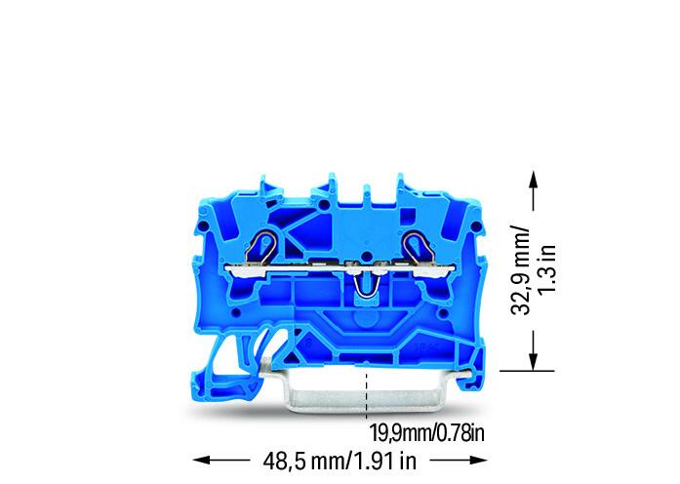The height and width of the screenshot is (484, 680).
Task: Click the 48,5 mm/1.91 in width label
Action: [340, 462]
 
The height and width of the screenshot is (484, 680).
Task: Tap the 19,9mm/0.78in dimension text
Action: [426, 433]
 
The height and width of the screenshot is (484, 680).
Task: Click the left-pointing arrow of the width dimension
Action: [221, 461]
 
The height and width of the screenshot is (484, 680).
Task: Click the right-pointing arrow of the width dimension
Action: [459, 461]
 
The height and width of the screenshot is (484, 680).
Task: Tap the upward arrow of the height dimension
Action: [534, 190]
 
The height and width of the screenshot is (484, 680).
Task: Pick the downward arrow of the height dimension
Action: [534, 350]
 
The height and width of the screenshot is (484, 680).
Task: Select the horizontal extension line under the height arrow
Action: [527, 371]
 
